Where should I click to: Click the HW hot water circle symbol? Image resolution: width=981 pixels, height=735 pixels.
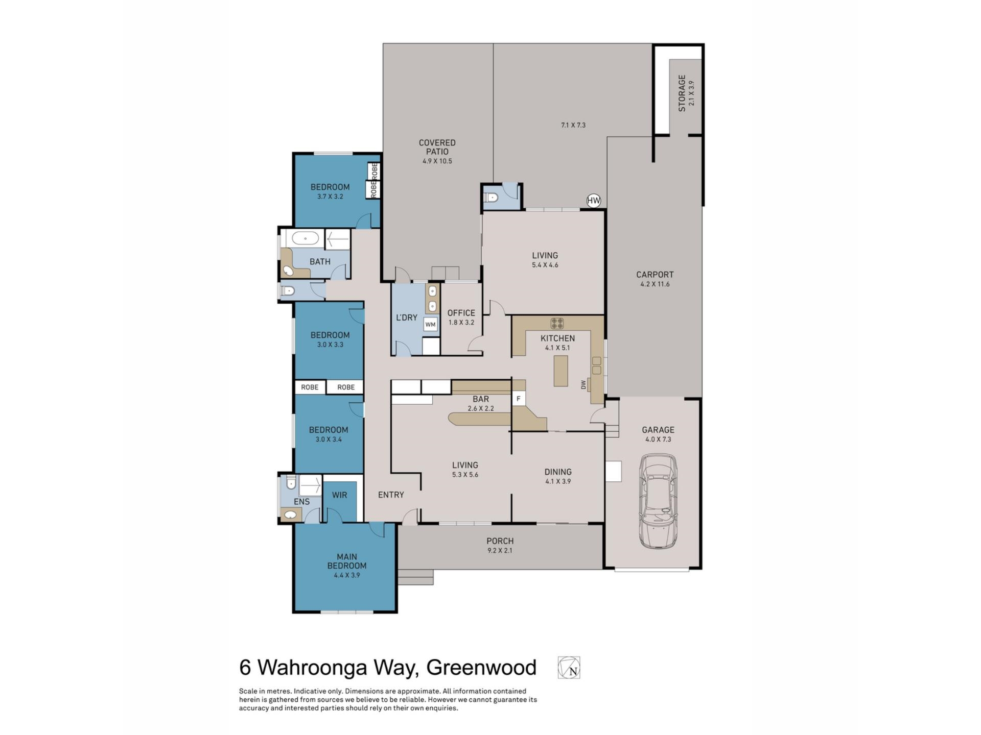click(x=593, y=201)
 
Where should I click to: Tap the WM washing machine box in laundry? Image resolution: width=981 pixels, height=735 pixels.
click(x=430, y=324)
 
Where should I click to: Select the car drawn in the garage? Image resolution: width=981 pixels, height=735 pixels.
click(x=659, y=501)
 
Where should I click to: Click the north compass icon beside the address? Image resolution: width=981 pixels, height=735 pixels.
click(x=569, y=668)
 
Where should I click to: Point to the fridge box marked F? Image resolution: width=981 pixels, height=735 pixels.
click(x=519, y=399)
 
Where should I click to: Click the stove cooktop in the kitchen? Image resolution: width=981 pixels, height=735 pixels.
click(x=557, y=323)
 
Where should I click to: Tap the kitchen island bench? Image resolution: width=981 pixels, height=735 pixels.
click(x=560, y=371)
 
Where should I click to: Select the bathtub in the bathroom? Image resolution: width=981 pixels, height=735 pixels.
click(x=306, y=238)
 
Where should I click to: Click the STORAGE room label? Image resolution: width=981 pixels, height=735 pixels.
click(x=682, y=93)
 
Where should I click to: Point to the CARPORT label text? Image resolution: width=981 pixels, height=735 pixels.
click(x=655, y=275)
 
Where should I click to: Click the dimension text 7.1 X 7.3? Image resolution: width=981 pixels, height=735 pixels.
click(x=573, y=125)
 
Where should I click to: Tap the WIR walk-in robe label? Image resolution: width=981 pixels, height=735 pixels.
click(x=339, y=495)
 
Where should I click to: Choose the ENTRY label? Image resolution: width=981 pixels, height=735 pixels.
click(x=391, y=495)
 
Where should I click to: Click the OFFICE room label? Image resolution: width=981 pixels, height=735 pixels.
click(x=461, y=313)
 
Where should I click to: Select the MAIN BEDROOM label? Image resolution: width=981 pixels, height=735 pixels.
click(x=347, y=561)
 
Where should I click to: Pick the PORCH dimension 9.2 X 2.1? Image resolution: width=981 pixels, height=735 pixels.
click(x=500, y=550)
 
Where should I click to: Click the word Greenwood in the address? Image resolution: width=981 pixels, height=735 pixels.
click(x=481, y=668)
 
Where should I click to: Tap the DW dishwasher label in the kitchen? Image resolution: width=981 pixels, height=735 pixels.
click(x=583, y=385)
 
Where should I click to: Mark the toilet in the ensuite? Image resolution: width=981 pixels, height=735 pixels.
click(x=291, y=482)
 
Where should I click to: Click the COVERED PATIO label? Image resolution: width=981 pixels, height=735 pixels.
click(x=437, y=147)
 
